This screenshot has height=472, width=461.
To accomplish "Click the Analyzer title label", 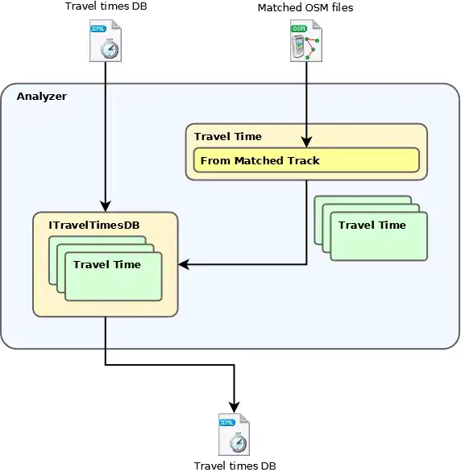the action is [42, 97].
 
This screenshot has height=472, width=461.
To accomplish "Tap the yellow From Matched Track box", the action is [306, 160].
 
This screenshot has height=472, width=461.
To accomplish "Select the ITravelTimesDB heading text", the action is [94, 226].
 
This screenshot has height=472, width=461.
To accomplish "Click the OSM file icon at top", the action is [306, 40].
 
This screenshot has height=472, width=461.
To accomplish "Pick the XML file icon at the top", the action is [106, 40].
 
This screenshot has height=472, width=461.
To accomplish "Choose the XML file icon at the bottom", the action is [234, 434].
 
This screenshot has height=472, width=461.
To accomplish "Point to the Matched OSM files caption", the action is [305, 7].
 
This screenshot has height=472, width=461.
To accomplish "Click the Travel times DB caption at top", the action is [106, 6].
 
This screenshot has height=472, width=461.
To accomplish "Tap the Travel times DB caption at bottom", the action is [235, 466].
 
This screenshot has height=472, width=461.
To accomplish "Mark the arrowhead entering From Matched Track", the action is [306, 143].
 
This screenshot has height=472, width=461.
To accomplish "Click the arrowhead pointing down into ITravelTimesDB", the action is [106, 206].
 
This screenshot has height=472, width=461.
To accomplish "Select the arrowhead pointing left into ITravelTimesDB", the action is [184, 265].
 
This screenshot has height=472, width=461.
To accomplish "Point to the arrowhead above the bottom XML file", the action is [235, 408].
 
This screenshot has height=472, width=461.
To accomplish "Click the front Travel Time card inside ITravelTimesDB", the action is [114, 276].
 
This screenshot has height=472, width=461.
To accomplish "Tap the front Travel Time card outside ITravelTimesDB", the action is [379, 236].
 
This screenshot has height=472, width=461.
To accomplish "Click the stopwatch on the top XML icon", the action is [110, 49].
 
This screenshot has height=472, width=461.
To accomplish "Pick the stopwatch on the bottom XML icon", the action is [238, 442].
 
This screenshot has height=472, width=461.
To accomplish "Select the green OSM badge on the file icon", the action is [299, 29].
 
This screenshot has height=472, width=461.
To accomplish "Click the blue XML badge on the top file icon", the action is [98, 29].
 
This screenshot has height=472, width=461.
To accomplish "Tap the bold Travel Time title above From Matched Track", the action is [228, 137].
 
